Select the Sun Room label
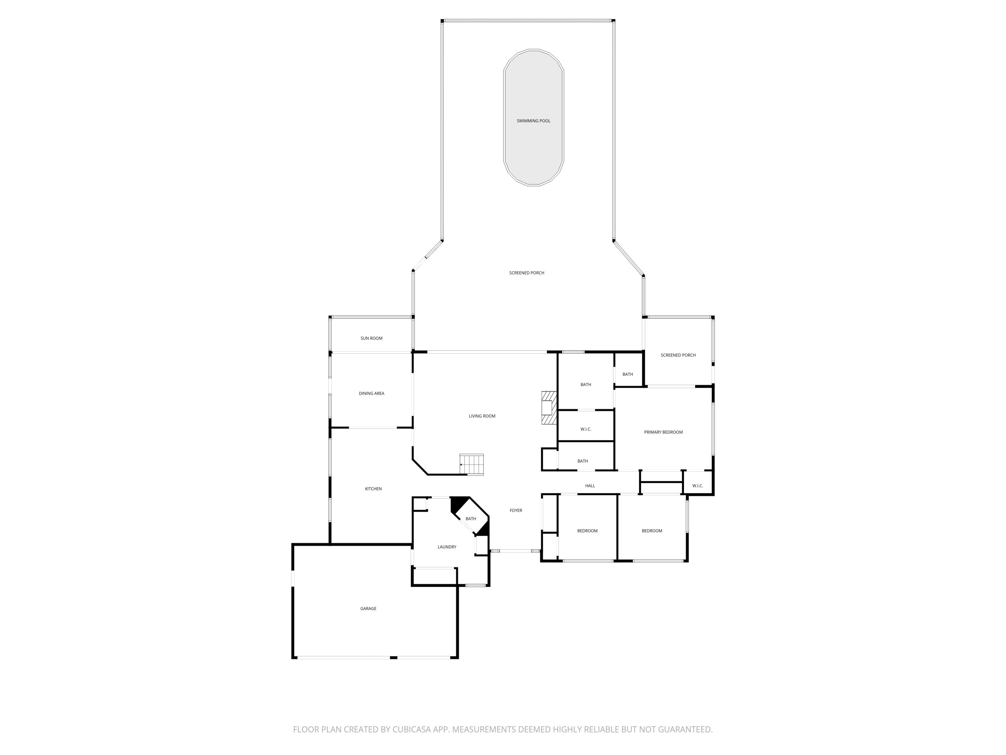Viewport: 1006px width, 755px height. tap(371, 338)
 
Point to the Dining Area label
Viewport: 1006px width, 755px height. tap(371, 393)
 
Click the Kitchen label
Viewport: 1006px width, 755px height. tap(373, 489)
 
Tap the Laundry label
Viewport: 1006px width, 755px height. tap(447, 547)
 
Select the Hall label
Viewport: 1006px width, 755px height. tap(590, 486)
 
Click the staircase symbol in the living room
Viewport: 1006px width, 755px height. tap(471, 465)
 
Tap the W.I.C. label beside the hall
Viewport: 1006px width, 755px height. tap(697, 486)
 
